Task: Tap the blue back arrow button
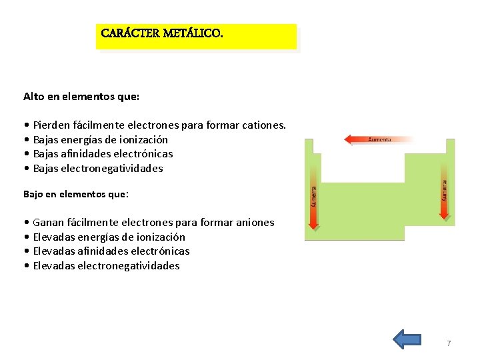click(x=407, y=339)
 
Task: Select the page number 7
click(x=449, y=343)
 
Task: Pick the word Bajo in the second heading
click(x=34, y=194)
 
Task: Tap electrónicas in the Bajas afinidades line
click(x=141, y=153)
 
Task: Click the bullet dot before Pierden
click(x=25, y=125)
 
